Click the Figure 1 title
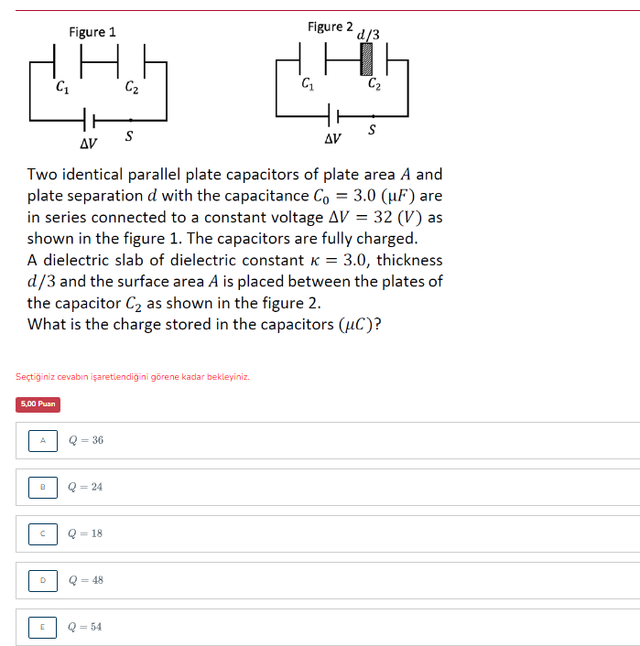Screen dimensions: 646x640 pyautogui.click(x=92, y=32)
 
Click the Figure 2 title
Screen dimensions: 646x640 pyautogui.click(x=331, y=27)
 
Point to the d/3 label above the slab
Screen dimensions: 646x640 pyautogui.click(x=369, y=35)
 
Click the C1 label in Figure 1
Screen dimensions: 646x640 pyautogui.click(x=61, y=89)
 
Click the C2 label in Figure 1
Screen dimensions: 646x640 pyautogui.click(x=132, y=89)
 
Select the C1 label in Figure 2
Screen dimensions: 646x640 pyautogui.click(x=308, y=85)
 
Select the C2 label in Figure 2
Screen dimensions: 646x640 pyautogui.click(x=375, y=85)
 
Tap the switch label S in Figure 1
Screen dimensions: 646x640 pyautogui.click(x=128, y=137)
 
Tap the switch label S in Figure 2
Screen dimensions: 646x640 pyautogui.click(x=372, y=131)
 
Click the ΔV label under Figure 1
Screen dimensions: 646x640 pyautogui.click(x=88, y=144)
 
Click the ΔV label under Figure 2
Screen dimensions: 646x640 pyautogui.click(x=332, y=139)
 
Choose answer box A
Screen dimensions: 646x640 pyautogui.click(x=42, y=440)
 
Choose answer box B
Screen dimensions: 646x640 pyautogui.click(x=42, y=487)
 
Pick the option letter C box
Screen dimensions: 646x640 pyautogui.click(x=42, y=533)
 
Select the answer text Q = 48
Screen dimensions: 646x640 pyautogui.click(x=85, y=580)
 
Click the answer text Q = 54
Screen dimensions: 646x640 pyautogui.click(x=85, y=627)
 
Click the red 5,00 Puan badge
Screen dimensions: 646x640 pyautogui.click(x=38, y=404)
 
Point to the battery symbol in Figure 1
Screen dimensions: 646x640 pyautogui.click(x=89, y=120)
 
